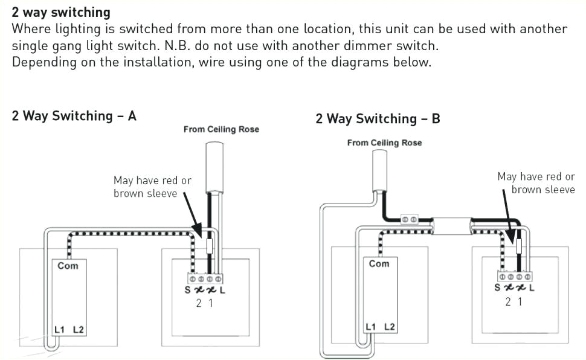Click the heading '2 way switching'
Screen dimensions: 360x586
61,12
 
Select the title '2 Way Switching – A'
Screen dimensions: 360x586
74,116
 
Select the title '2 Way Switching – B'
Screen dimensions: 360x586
378,119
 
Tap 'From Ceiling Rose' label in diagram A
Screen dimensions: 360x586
221,129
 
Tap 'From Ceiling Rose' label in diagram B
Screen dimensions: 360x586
384,143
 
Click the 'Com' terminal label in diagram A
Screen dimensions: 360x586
68,265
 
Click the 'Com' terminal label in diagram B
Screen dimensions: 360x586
379,263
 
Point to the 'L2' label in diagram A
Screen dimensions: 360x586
79,329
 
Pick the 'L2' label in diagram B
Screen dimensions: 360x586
390,327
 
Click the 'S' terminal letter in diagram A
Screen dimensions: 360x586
187,290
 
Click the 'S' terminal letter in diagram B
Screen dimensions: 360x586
497,288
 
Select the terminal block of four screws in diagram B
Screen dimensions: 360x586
515,276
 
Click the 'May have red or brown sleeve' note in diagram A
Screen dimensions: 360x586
152,187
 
